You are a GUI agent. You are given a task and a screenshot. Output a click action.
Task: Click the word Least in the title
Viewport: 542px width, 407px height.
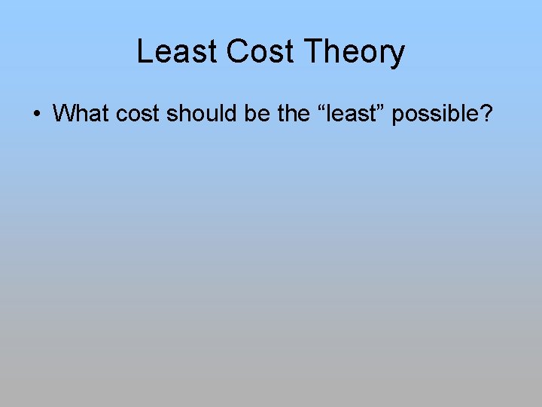177,52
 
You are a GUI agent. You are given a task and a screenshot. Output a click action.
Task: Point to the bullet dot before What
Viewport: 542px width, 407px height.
36,115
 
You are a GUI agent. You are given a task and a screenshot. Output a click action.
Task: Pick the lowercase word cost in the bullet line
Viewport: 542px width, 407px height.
138,114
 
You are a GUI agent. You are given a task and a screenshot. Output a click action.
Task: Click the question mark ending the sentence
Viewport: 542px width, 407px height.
488,114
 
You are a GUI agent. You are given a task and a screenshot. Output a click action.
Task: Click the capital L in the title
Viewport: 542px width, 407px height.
145,52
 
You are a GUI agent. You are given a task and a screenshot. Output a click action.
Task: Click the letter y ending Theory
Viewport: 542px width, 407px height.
397,56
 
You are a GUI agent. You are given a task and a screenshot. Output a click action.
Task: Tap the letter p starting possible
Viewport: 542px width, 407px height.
398,116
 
